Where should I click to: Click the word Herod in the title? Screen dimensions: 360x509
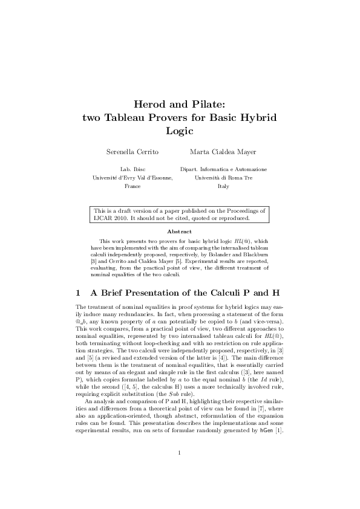click(148, 105)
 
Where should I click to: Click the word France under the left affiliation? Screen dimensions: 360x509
click(133, 187)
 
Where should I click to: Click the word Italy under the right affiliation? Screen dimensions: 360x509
click(223, 187)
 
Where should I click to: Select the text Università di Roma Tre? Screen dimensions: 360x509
click(223, 178)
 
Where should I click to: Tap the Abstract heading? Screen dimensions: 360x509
click(179, 232)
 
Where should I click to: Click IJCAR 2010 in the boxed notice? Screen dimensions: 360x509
click(108, 218)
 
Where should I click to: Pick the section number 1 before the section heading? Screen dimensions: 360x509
click(78, 293)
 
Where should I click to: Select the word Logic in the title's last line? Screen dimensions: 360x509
click(179, 130)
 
